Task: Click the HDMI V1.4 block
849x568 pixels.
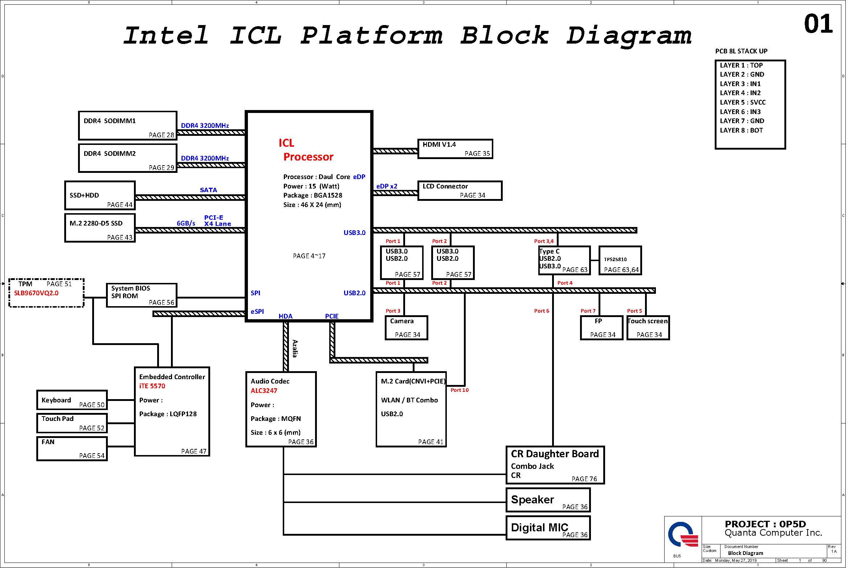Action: pos(455,149)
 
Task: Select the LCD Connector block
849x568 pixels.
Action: pos(460,191)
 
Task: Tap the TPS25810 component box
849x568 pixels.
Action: pos(620,260)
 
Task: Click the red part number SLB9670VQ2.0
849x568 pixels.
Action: pos(36,293)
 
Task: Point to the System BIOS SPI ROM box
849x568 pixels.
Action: pos(142,295)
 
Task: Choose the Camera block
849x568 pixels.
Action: pos(406,328)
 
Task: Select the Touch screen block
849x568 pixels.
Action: pos(648,328)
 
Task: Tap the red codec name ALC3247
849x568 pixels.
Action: pos(264,391)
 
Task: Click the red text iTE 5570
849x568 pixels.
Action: pos(152,386)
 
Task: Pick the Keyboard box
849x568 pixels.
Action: pos(72,400)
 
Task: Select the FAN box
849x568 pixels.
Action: pos(72,449)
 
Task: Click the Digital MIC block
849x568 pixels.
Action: pos(548,528)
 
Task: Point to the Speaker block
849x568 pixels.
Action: pos(548,500)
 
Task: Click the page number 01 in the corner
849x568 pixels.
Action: pos(818,24)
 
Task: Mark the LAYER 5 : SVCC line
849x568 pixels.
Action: pos(743,102)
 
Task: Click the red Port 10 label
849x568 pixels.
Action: pos(460,390)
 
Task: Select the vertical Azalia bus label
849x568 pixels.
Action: pos(295,349)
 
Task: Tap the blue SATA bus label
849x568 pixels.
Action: pos(208,190)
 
